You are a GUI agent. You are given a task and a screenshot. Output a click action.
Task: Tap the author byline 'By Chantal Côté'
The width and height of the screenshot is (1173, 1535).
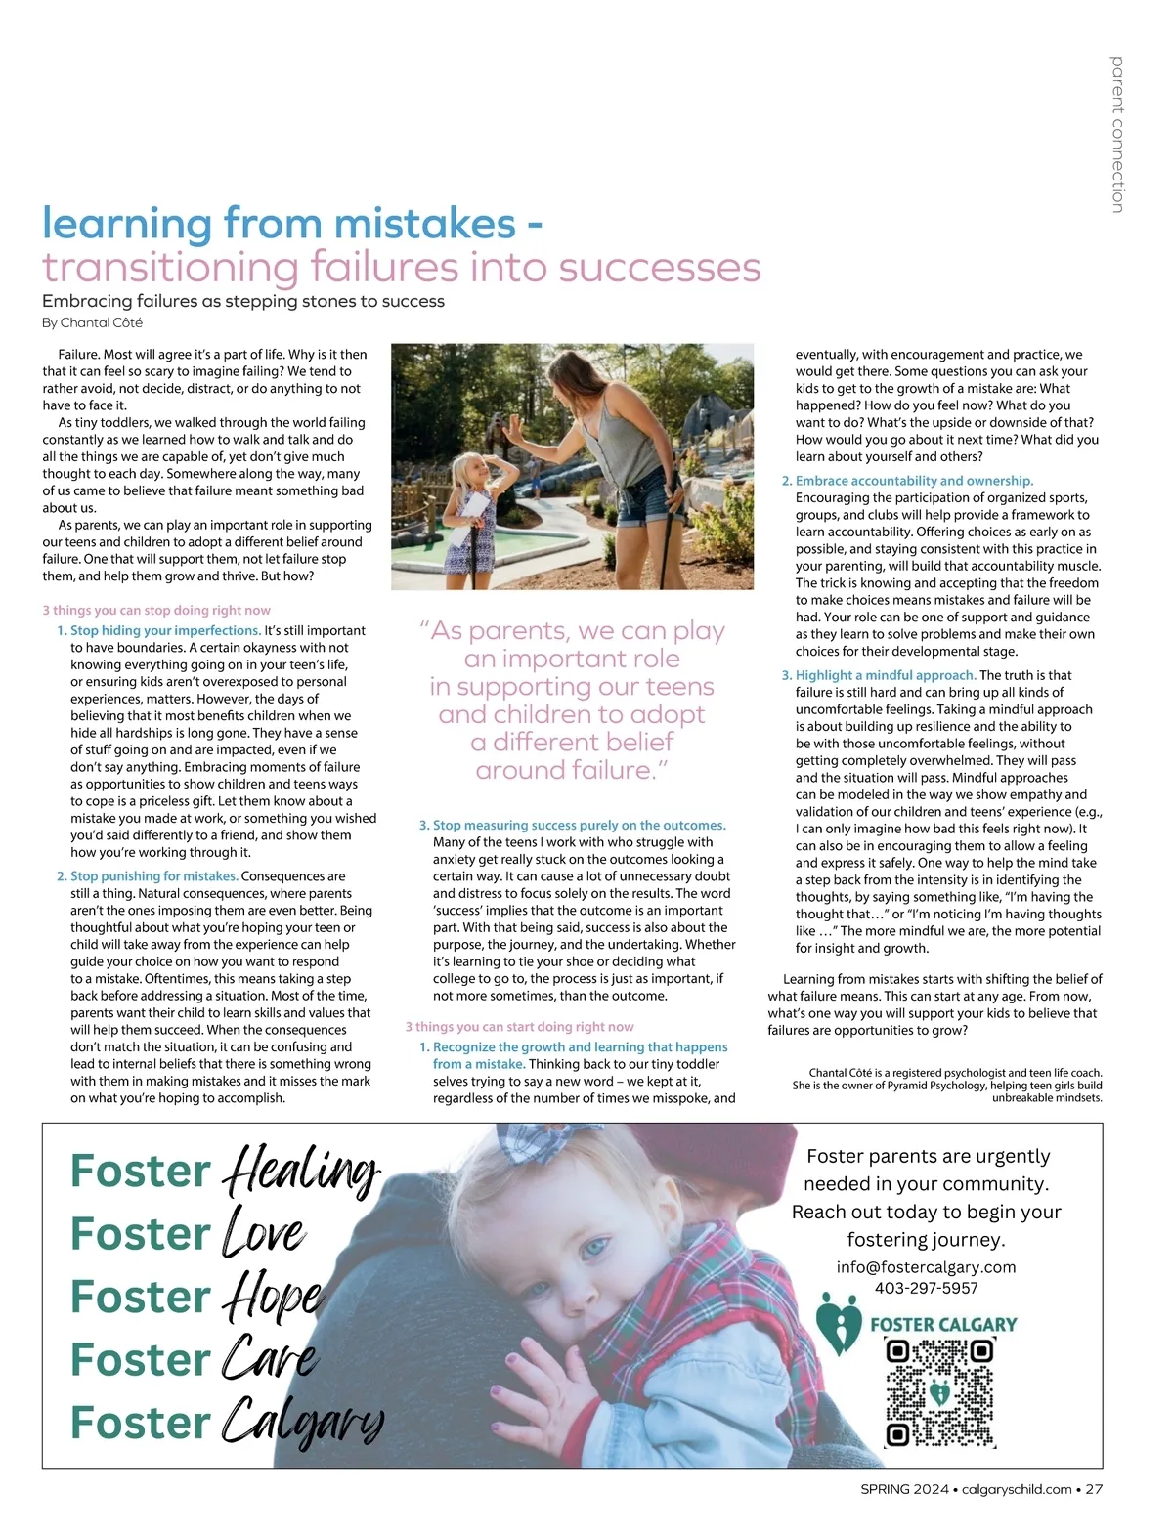coord(92,322)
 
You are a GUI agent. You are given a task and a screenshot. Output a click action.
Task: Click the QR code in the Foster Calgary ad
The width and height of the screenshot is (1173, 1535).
coord(938,1392)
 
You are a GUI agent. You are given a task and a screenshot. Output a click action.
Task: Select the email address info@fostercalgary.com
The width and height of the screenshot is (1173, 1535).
coord(926,1267)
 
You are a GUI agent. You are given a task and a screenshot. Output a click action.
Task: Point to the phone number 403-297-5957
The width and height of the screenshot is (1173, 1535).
coord(926,1288)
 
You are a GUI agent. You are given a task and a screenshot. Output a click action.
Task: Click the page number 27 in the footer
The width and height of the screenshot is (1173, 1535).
coord(1094,1489)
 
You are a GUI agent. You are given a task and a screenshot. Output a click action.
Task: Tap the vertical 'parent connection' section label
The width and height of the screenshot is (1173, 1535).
coord(1117,135)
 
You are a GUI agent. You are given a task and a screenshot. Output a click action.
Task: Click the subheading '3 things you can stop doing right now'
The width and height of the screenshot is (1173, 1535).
coord(156,610)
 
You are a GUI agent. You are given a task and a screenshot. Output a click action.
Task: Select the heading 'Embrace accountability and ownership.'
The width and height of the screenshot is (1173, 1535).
coord(914,481)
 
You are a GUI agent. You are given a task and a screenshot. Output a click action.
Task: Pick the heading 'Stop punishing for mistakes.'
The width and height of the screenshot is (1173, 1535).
coord(154,876)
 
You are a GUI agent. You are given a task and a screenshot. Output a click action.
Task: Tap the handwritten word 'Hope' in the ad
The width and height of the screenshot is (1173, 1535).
coord(273,1296)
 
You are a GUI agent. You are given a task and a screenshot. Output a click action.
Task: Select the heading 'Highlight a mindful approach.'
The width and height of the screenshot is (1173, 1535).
coord(886,675)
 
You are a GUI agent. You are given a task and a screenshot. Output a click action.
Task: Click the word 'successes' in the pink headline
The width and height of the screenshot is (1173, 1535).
coord(659,267)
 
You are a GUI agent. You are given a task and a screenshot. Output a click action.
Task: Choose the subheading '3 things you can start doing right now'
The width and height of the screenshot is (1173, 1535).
coord(519,1027)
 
